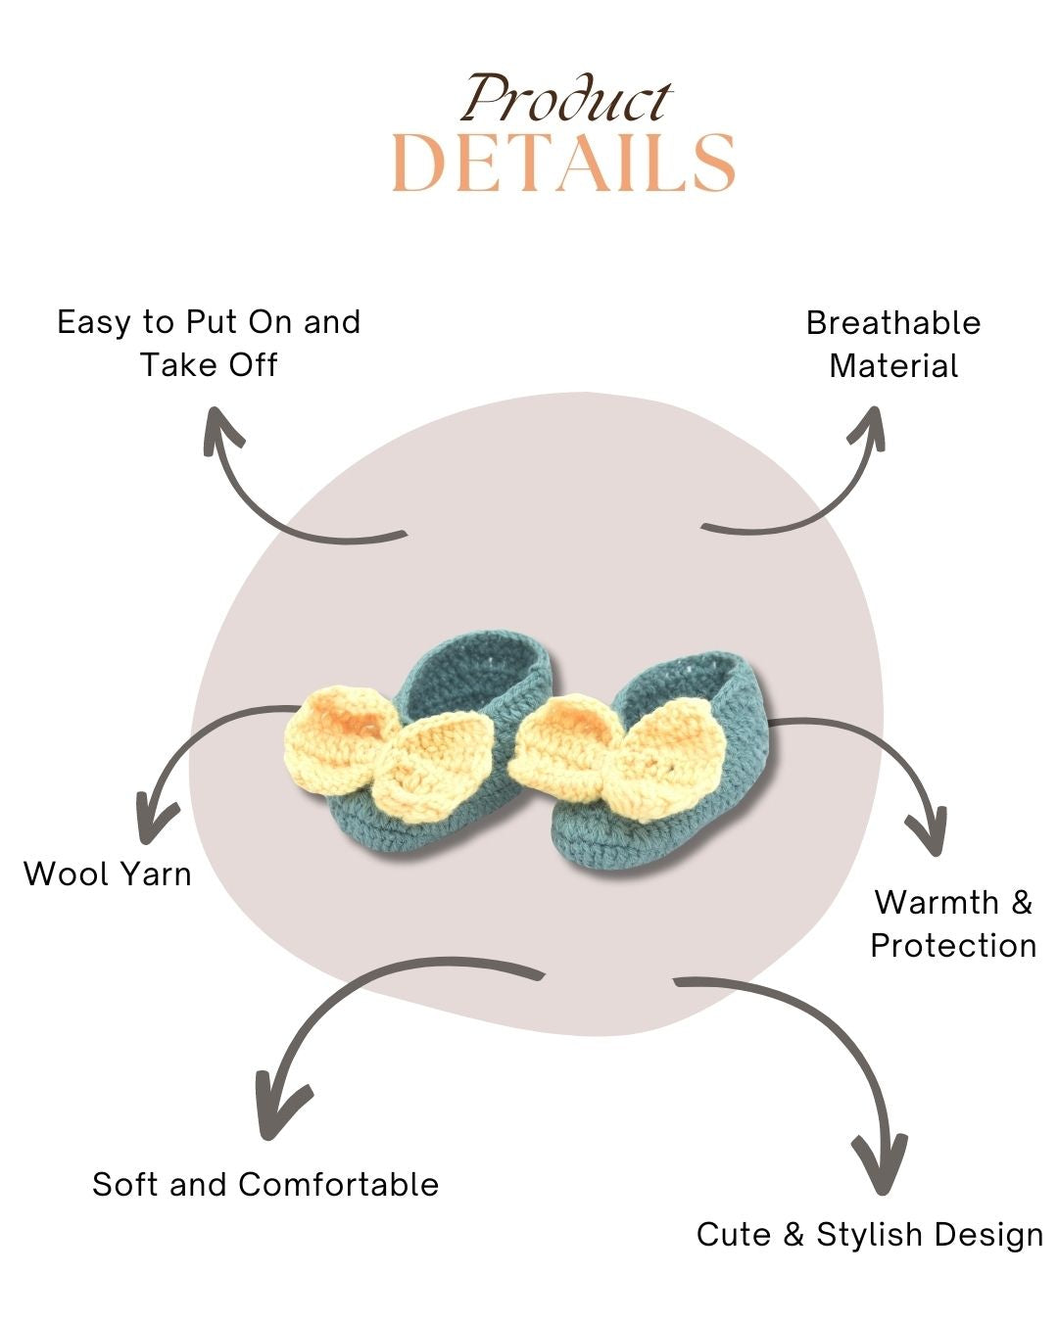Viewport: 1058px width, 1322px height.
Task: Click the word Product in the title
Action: coord(566,99)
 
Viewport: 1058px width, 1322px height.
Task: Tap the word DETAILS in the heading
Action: coord(563,163)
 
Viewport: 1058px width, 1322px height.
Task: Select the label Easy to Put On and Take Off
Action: coord(209,343)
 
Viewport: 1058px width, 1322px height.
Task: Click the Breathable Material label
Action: coord(893,344)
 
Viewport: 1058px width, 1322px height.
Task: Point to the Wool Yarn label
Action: coord(108,873)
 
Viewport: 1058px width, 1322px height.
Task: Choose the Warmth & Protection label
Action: coord(953,923)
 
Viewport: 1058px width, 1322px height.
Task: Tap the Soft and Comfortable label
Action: coord(265,1184)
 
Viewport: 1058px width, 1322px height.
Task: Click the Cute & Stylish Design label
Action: coord(870,1234)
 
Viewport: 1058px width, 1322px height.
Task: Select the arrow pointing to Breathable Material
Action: coord(803,490)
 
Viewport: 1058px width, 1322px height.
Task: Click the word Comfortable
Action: coord(338,1184)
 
